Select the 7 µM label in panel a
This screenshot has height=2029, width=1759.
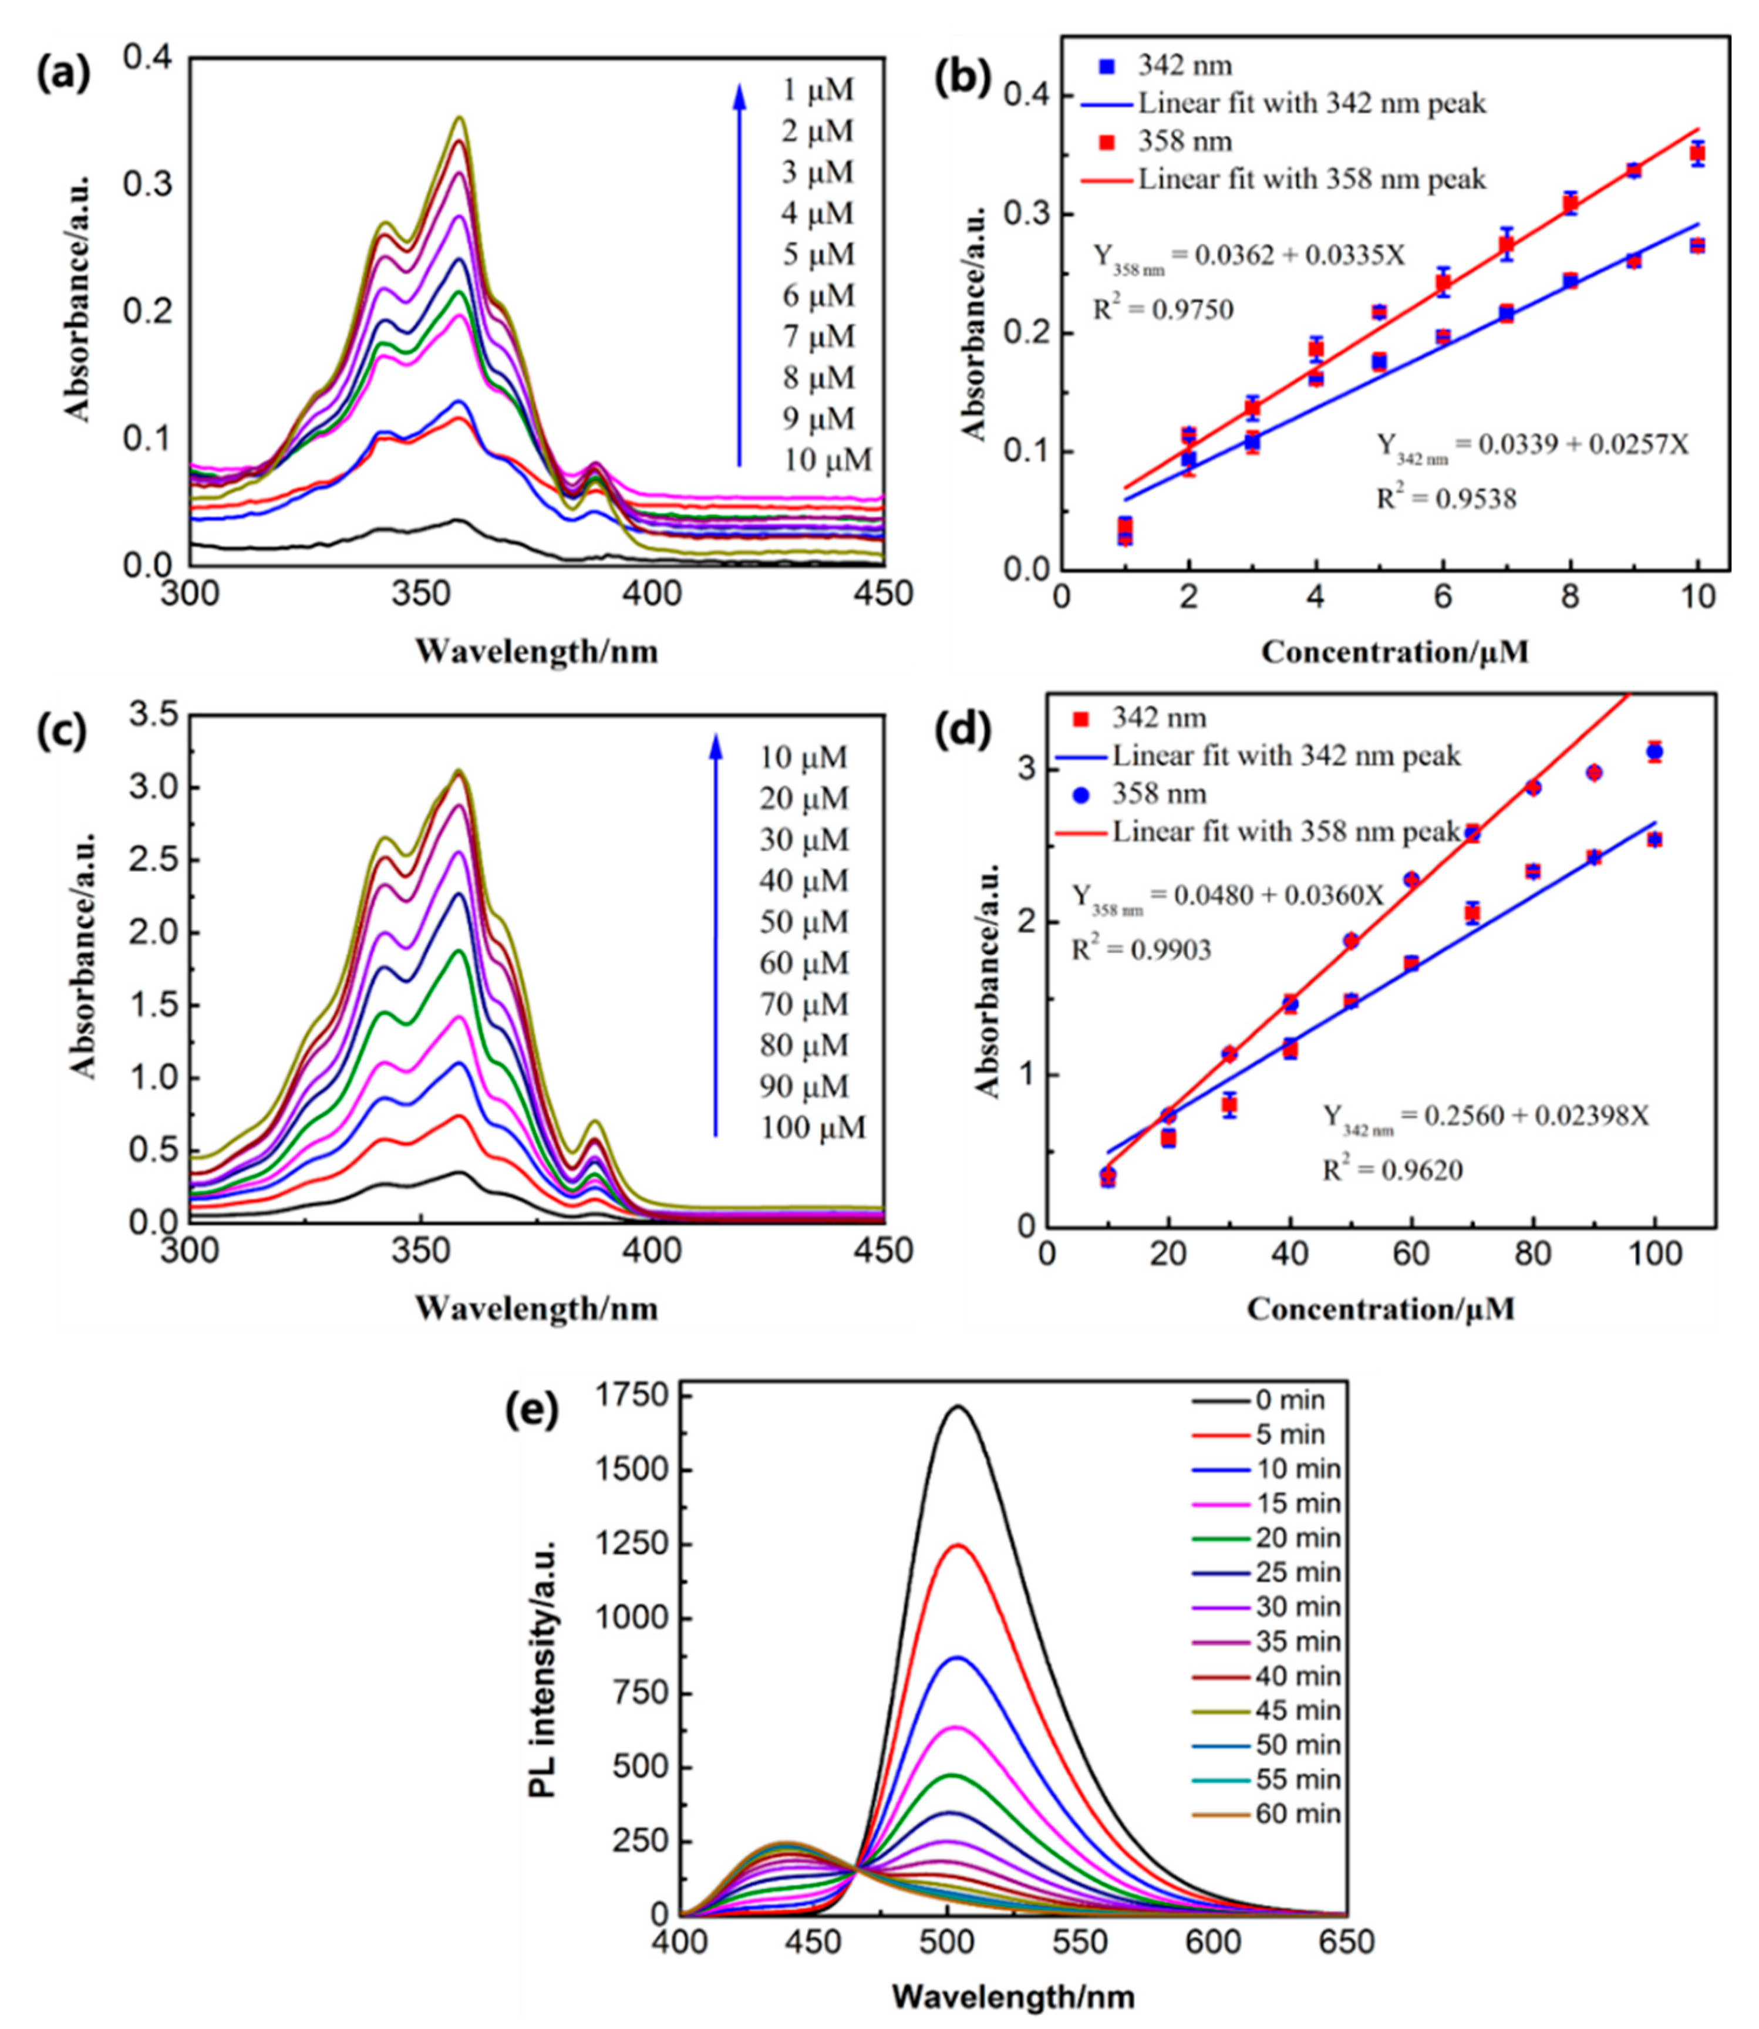pyautogui.click(x=818, y=336)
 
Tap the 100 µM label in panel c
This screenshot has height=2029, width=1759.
pyautogui.click(x=813, y=1128)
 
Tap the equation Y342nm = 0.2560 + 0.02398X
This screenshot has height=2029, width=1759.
pyautogui.click(x=1486, y=1117)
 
